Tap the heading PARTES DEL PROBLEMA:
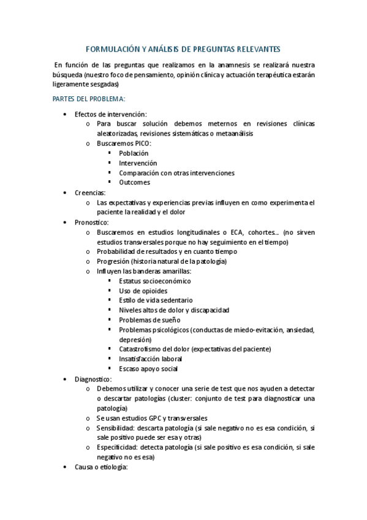(89, 99)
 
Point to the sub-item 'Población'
(134, 153)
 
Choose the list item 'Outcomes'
(134, 183)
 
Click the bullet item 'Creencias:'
(90, 193)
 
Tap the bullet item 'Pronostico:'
(92, 222)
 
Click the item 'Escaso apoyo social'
(148, 369)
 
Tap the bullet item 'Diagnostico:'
(93, 379)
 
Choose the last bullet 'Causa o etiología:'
(100, 467)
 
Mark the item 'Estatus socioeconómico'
(154, 281)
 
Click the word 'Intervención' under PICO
(138, 163)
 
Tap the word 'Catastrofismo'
(142, 349)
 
